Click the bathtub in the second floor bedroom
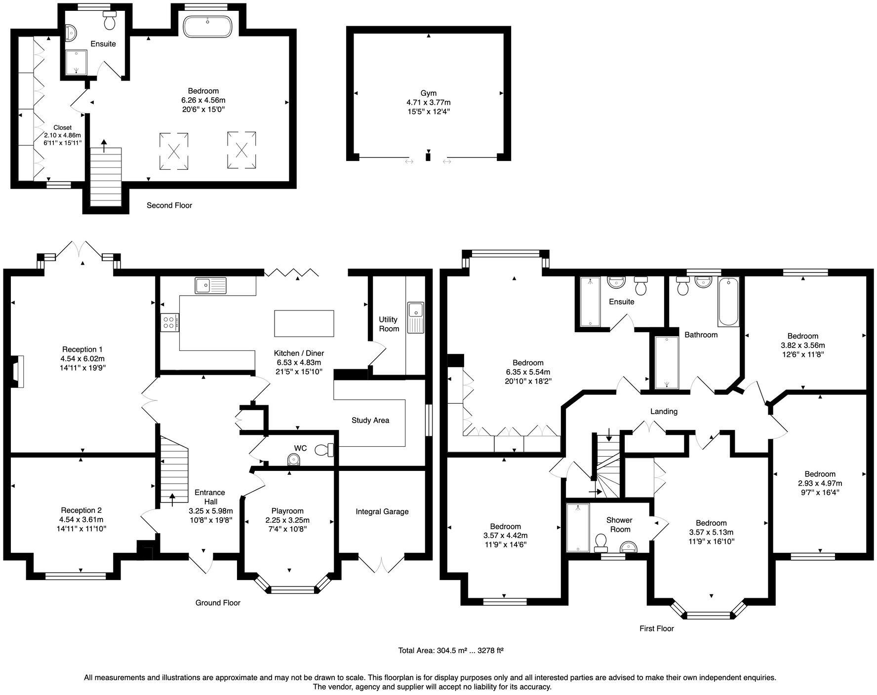point(207,27)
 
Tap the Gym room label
point(428,93)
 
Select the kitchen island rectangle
point(304,323)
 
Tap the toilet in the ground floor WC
point(324,450)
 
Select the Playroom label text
point(287,511)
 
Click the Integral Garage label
point(382,511)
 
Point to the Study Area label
point(370,421)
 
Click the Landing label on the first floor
point(663,411)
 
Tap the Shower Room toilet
point(601,542)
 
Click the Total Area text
point(450,651)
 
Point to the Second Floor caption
point(169,205)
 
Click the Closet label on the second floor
point(62,128)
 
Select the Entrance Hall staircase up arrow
point(172,500)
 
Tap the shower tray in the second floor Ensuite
point(77,62)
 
